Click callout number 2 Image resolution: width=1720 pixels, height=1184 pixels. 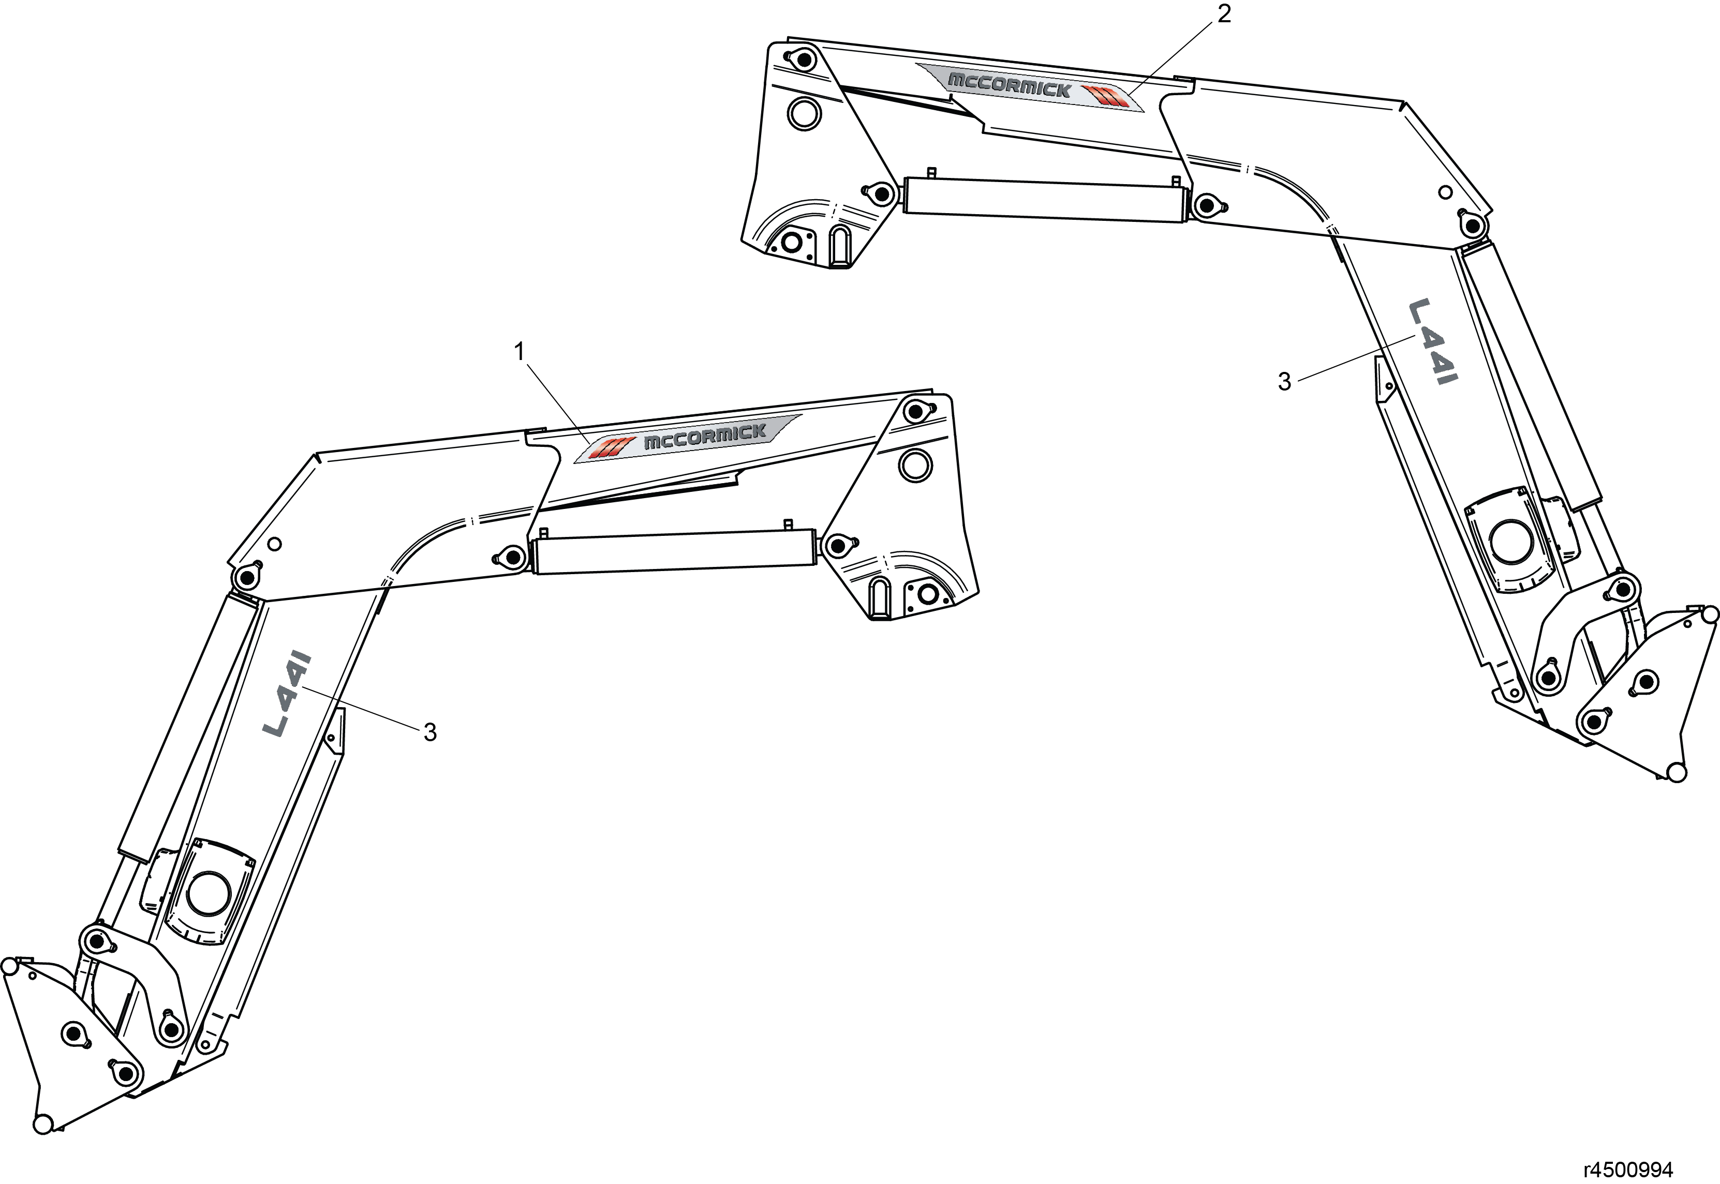coord(1224,13)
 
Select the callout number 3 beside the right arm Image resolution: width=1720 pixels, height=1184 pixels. coord(1284,381)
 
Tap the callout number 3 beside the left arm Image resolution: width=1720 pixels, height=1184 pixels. coord(429,732)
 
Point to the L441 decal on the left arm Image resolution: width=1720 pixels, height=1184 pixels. coord(287,694)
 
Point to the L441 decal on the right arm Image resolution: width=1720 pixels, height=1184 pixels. coord(1433,342)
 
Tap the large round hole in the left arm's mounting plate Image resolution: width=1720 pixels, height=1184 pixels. coord(915,465)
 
